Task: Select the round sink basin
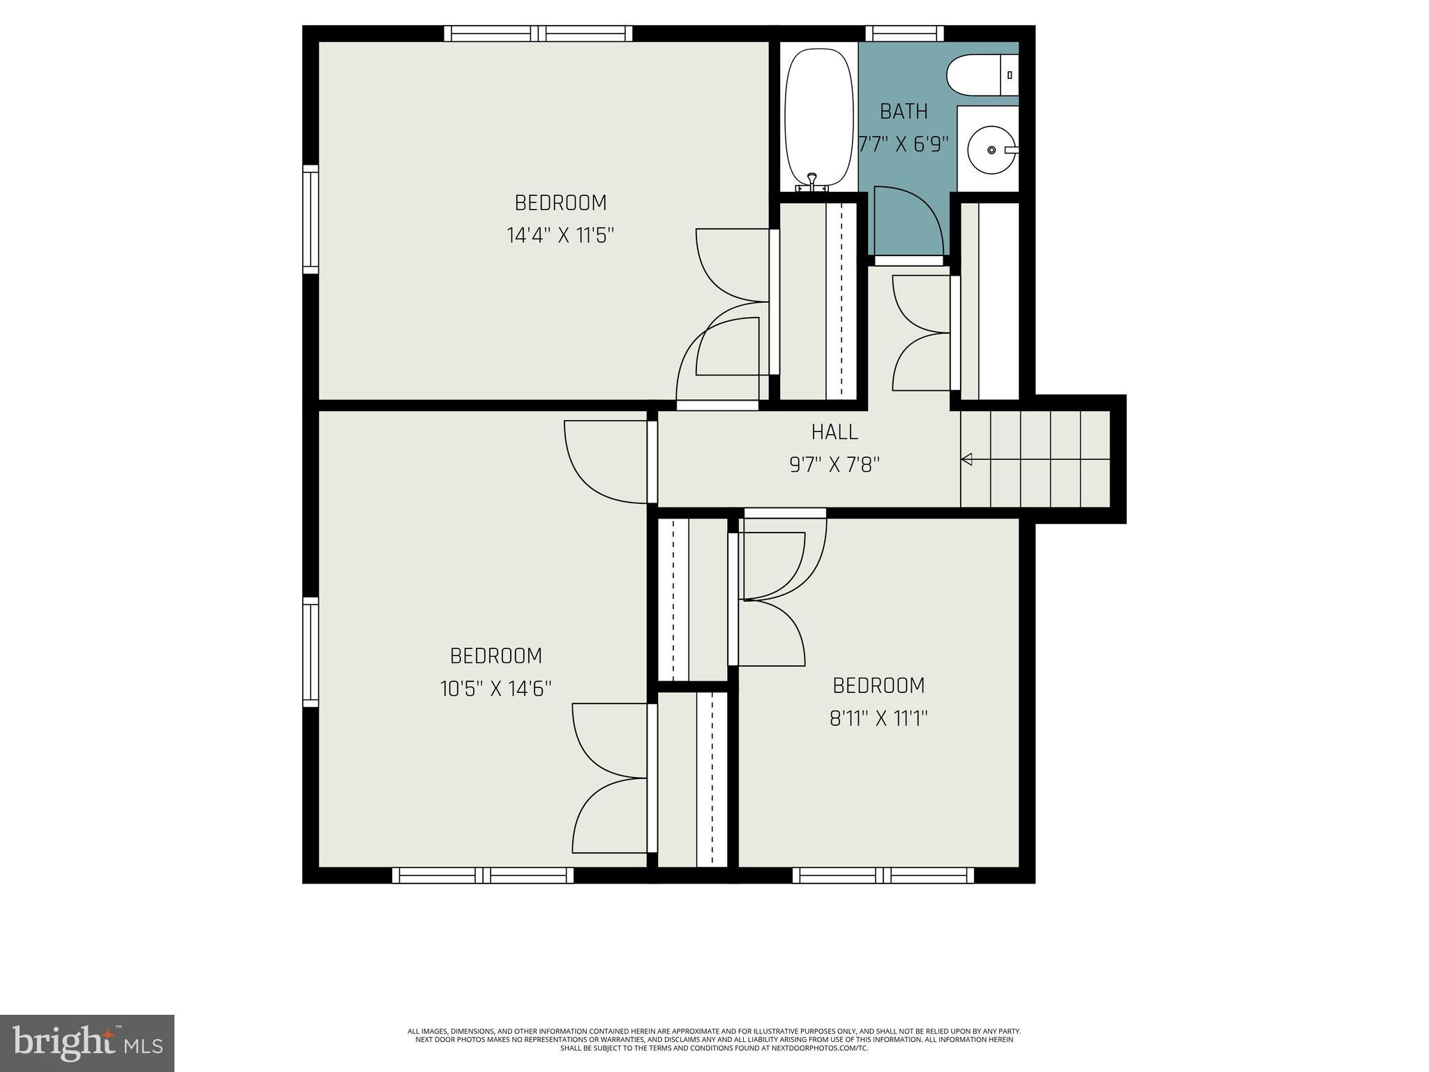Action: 992,149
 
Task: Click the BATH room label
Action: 904,112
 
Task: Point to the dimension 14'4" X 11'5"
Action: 560,235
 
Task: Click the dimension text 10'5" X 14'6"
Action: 495,689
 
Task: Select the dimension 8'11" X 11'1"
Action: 878,718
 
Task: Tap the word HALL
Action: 835,432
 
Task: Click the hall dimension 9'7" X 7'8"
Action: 835,465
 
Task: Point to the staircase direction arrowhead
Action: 967,459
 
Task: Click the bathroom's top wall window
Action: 904,33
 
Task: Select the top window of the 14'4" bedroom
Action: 538,33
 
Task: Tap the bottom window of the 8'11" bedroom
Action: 883,875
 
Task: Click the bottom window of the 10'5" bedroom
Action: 483,875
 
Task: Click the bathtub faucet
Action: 811,182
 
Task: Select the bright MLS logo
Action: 87,1043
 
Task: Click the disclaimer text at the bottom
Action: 714,1039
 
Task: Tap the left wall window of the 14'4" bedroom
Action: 311,219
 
